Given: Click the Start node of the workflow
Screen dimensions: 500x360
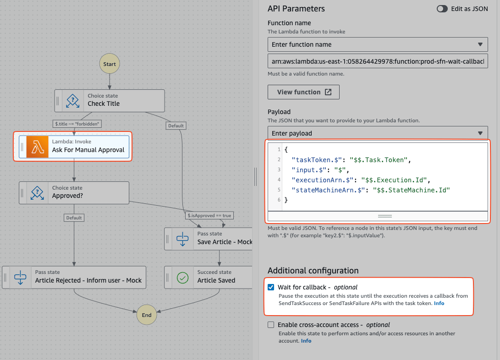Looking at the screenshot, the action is coord(110,64).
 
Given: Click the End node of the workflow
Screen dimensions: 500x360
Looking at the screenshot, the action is coord(147,315).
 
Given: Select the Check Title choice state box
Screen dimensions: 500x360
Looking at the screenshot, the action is coord(110,101).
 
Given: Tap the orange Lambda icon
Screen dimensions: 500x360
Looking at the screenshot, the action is coord(37,147).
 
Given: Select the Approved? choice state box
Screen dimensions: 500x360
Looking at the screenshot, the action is coord(74,193).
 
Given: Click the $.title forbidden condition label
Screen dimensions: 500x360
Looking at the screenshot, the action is coord(77,124).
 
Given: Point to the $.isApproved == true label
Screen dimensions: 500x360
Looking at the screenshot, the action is coord(209,216).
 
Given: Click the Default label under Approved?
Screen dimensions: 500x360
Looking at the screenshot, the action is coord(74,218).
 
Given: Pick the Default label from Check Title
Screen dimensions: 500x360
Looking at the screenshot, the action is coord(176,126).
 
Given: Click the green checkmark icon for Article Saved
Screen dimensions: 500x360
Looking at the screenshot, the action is coord(182,278).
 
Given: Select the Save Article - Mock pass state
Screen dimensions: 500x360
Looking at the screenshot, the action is coord(209,239).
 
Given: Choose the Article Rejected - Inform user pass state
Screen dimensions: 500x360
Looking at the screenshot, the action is coord(74,278).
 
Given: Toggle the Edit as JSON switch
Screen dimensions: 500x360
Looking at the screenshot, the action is coord(442,9).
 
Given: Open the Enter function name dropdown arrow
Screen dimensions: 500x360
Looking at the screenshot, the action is coord(480,44).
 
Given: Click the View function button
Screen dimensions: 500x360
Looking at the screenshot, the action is coord(303,92).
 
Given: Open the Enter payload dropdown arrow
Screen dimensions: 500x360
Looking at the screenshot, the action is coord(480,133).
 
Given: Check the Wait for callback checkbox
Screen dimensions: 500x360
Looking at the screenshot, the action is coord(271,287).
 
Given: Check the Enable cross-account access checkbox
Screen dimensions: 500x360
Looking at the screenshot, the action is coord(271,325).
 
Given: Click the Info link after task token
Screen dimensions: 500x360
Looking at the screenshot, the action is coord(439,303).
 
